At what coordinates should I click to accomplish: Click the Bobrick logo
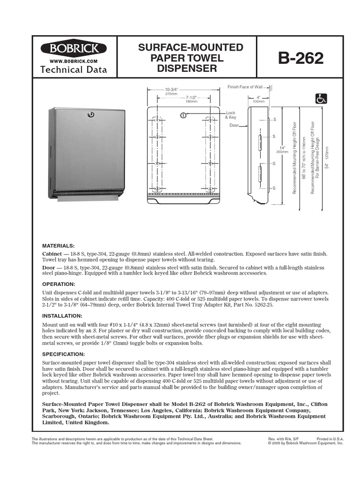pos(74,49)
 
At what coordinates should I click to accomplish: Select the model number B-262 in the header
pos(300,58)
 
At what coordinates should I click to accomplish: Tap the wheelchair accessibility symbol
pos(321,98)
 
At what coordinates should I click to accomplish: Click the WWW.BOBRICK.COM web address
pos(74,61)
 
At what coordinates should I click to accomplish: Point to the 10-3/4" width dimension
pos(171,90)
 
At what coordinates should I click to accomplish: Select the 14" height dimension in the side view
pos(281,149)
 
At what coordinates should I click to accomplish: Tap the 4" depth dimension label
pos(258,97)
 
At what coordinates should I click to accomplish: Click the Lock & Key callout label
pos(231,115)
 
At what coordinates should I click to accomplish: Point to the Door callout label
pos(234,126)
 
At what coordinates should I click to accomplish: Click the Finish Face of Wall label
pos(245,87)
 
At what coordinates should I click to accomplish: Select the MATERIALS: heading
pos(58,246)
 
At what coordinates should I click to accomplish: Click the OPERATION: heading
pos(59,284)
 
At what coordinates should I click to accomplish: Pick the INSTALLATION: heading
pos(62,316)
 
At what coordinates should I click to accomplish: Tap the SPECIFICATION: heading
pos(64,354)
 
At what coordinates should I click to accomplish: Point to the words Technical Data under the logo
pos(74,70)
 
